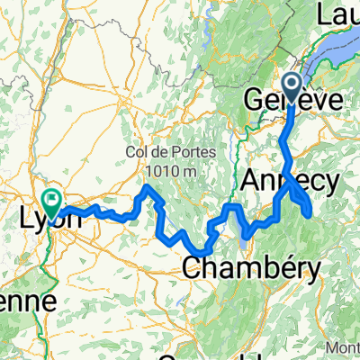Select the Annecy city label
[290, 183]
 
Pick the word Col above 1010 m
[138, 151]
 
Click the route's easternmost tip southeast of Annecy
[310, 211]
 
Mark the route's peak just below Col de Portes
[147, 186]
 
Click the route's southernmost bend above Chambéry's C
[205, 251]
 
